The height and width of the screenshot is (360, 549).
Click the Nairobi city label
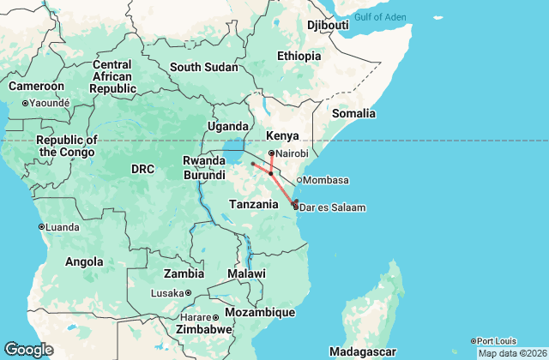tap(292, 153)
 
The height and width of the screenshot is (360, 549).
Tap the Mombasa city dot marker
tap(299, 180)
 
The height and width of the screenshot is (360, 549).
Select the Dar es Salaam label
tap(333, 207)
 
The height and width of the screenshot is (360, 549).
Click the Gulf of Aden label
tap(378, 17)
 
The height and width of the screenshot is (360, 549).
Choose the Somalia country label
tap(354, 113)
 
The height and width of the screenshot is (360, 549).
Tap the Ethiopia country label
tap(298, 56)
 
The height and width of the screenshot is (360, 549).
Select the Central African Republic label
tap(112, 76)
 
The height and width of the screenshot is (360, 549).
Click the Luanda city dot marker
tap(41, 226)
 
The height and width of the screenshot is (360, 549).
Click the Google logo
tap(28, 350)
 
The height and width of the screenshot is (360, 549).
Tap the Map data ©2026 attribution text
tap(511, 353)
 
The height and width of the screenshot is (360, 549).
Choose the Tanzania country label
tap(254, 204)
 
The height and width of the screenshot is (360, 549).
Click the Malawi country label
tap(247, 273)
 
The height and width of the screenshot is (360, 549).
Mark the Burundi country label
tap(204, 175)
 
